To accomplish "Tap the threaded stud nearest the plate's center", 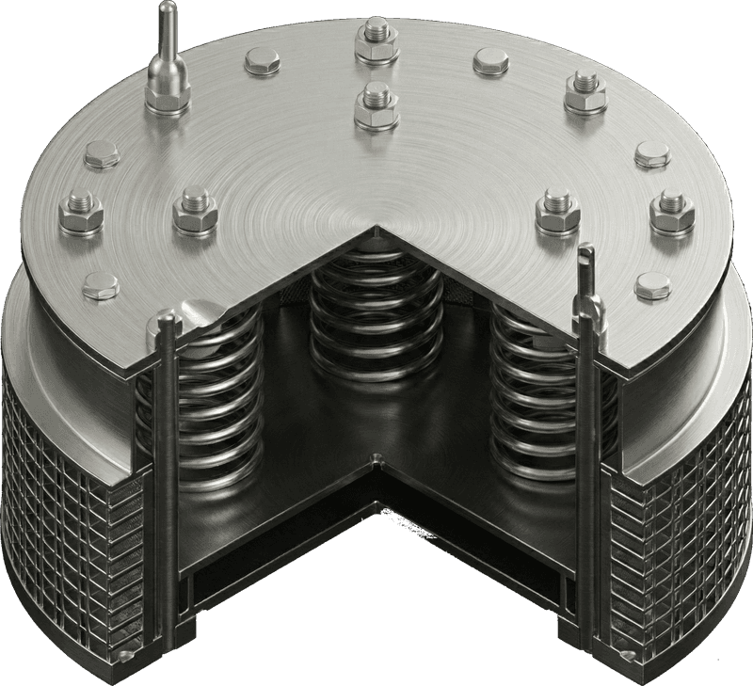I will pyautogui.click(x=376, y=105).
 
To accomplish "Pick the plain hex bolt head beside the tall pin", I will pyautogui.click(x=262, y=63).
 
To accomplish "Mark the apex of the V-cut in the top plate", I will pyautogui.click(x=376, y=228).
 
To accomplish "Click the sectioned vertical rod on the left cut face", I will pyautogui.click(x=167, y=471).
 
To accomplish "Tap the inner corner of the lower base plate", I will pyautogui.click(x=376, y=461).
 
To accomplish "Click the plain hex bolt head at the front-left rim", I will pyautogui.click(x=100, y=281).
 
